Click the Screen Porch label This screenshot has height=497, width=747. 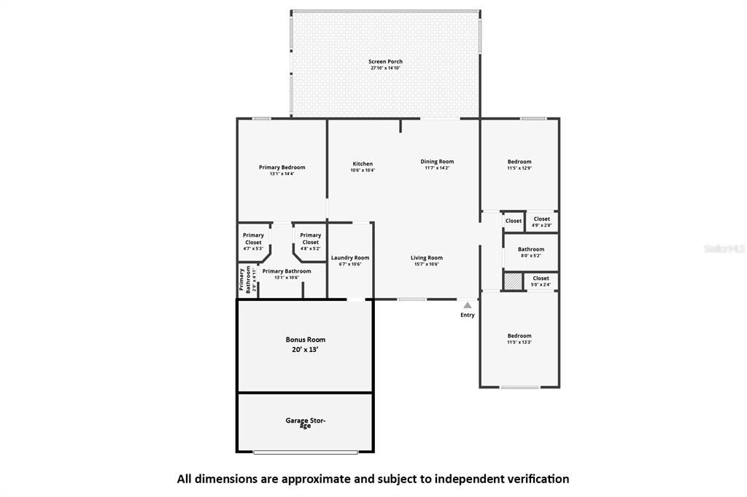[385, 62]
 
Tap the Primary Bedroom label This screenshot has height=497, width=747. [282, 168]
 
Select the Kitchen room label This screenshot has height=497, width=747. [363, 164]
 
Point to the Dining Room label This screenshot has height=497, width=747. [437, 162]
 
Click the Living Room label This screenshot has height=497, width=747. [427, 258]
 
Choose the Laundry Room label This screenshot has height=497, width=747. [350, 258]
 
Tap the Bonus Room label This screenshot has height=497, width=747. [305, 340]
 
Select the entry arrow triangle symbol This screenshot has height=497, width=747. [467, 305]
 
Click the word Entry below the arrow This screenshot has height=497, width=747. [467, 315]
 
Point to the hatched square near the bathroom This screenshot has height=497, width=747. [514, 281]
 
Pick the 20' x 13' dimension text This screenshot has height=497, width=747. [305, 350]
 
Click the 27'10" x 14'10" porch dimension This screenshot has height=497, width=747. [385, 69]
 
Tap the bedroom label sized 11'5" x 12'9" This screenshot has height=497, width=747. [519, 162]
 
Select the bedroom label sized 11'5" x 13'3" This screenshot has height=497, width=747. [519, 336]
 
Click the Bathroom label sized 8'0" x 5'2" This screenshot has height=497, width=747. [531, 249]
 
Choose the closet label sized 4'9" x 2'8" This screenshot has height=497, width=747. [541, 219]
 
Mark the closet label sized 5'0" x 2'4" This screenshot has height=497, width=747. [541, 278]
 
